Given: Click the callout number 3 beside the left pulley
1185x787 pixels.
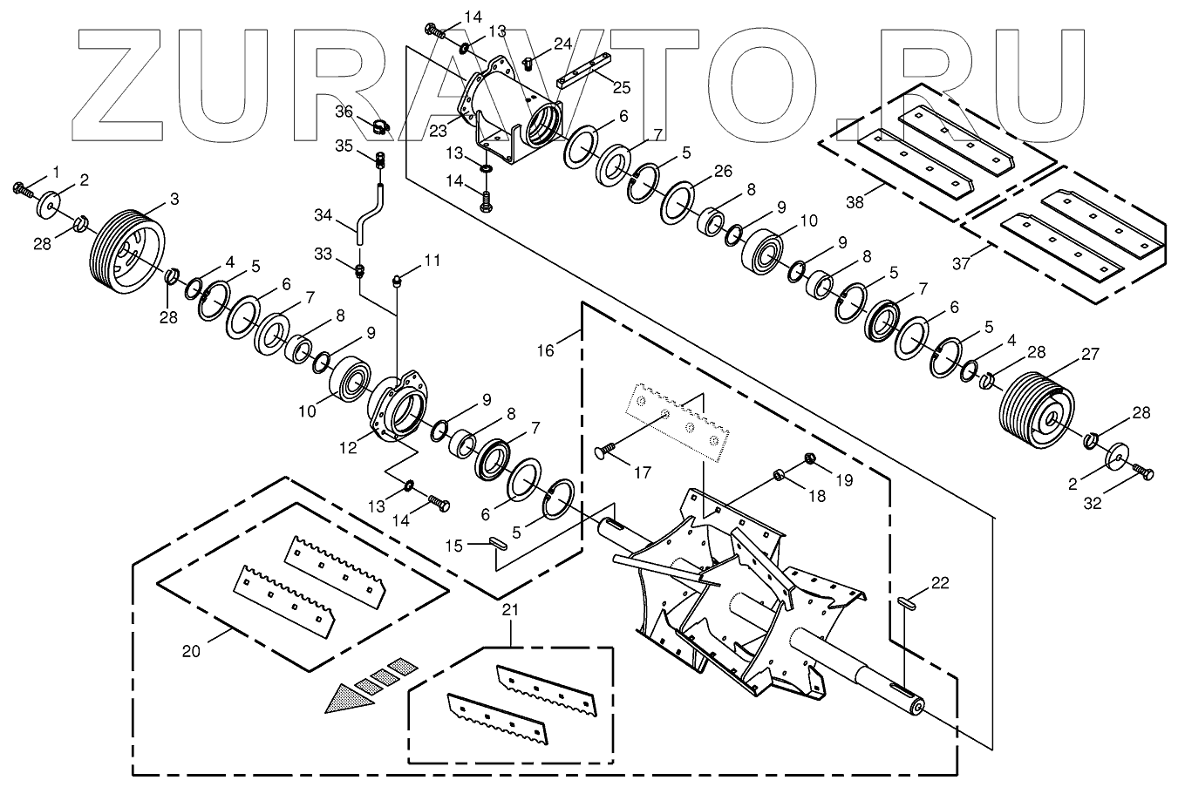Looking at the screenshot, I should click(174, 200).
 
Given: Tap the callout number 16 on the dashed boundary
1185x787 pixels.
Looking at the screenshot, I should click(545, 350).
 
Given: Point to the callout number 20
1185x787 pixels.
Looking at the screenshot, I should click(192, 650).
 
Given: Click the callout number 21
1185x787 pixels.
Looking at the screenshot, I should click(510, 611).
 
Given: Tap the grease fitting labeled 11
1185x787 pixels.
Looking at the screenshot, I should click(397, 280).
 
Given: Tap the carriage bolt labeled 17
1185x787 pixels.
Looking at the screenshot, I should click(603, 451).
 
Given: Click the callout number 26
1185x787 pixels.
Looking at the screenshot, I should click(722, 172).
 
